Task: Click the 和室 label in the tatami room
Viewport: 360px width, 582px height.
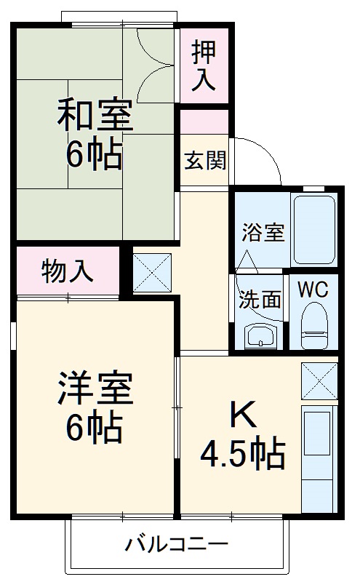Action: (x=95, y=116)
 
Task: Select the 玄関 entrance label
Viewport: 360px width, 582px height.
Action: (x=204, y=158)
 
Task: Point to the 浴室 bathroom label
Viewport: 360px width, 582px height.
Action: (x=263, y=234)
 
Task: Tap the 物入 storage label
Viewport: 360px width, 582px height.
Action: (x=68, y=270)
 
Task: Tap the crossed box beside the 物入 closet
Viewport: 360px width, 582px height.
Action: (x=152, y=271)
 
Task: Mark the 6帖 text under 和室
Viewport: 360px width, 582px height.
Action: (x=95, y=154)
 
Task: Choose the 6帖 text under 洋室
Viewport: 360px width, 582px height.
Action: (x=95, y=428)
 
